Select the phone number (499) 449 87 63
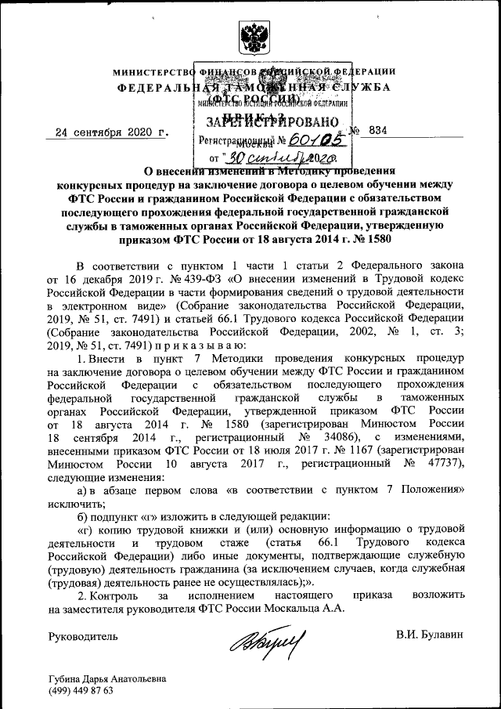[x=81, y=691]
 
